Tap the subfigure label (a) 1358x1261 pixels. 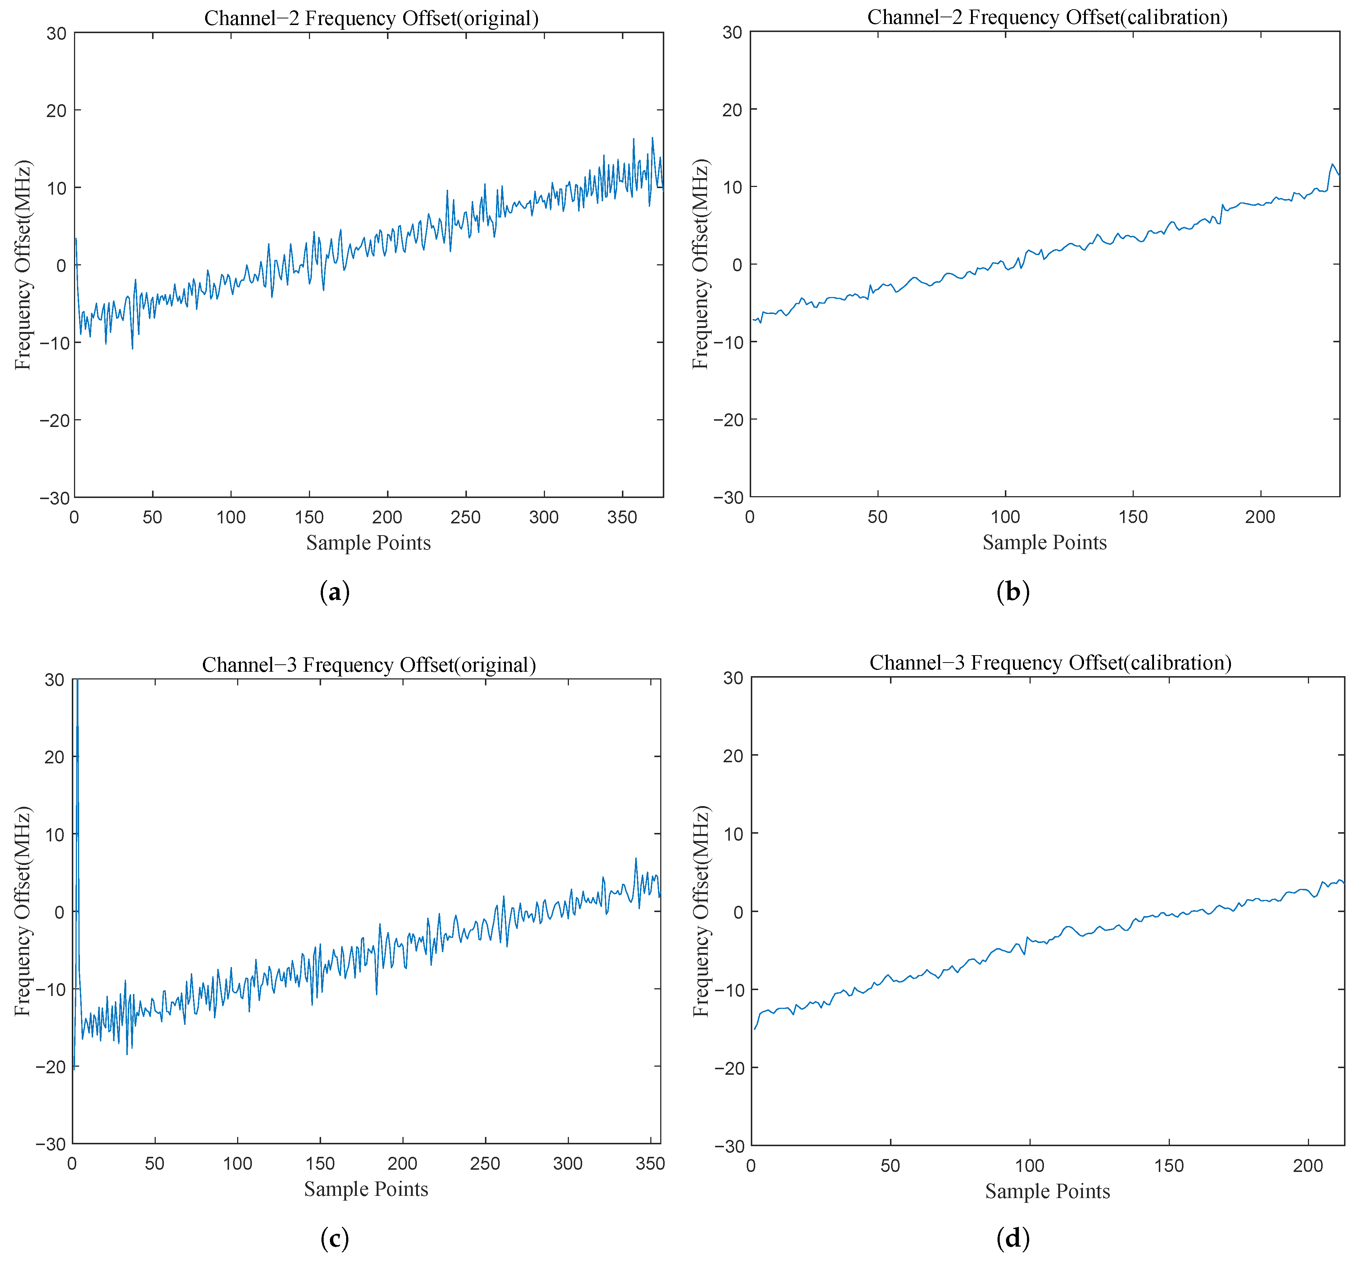335,591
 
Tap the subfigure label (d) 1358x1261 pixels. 1013,1238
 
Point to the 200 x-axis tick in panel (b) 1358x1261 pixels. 1260,516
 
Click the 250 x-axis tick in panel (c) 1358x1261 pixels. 485,1163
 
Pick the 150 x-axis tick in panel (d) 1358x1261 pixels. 1168,1165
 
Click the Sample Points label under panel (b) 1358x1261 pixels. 1044,543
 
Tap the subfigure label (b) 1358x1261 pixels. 1013,591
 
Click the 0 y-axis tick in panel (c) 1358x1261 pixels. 59,912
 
